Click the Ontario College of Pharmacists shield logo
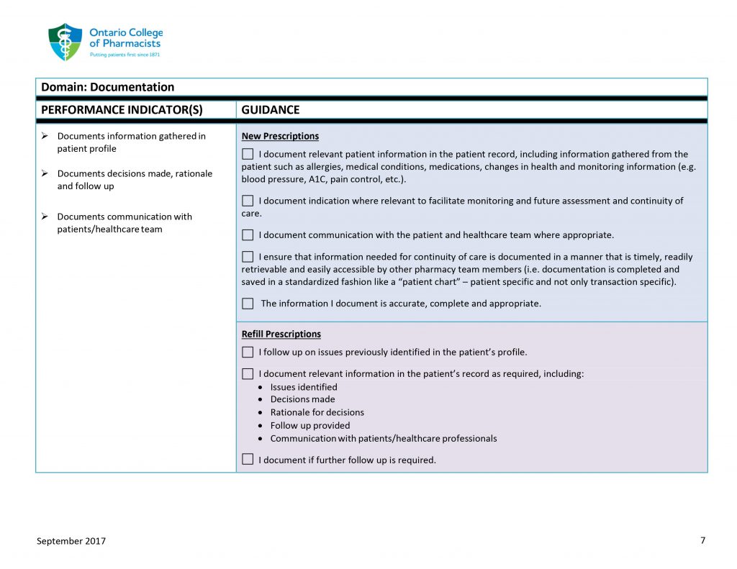tap(65, 42)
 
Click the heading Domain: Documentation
tap(107, 87)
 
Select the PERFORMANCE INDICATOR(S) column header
tap(122, 110)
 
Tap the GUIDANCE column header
tap(271, 110)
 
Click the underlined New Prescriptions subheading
tap(280, 136)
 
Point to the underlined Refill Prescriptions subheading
tap(281, 334)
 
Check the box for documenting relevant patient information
tap(248, 154)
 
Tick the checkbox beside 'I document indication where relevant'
tap(248, 201)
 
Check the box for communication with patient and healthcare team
tap(248, 235)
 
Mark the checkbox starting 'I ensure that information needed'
tap(248, 257)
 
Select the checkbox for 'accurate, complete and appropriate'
tap(248, 304)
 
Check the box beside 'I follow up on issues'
tap(248, 352)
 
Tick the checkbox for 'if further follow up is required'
tap(248, 460)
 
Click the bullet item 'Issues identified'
tap(303, 387)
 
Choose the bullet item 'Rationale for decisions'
tap(317, 412)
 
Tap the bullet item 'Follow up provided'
tap(309, 425)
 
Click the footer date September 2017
tap(71, 541)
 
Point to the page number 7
tap(702, 540)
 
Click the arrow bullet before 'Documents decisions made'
tap(45, 173)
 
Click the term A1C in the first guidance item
tap(317, 179)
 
